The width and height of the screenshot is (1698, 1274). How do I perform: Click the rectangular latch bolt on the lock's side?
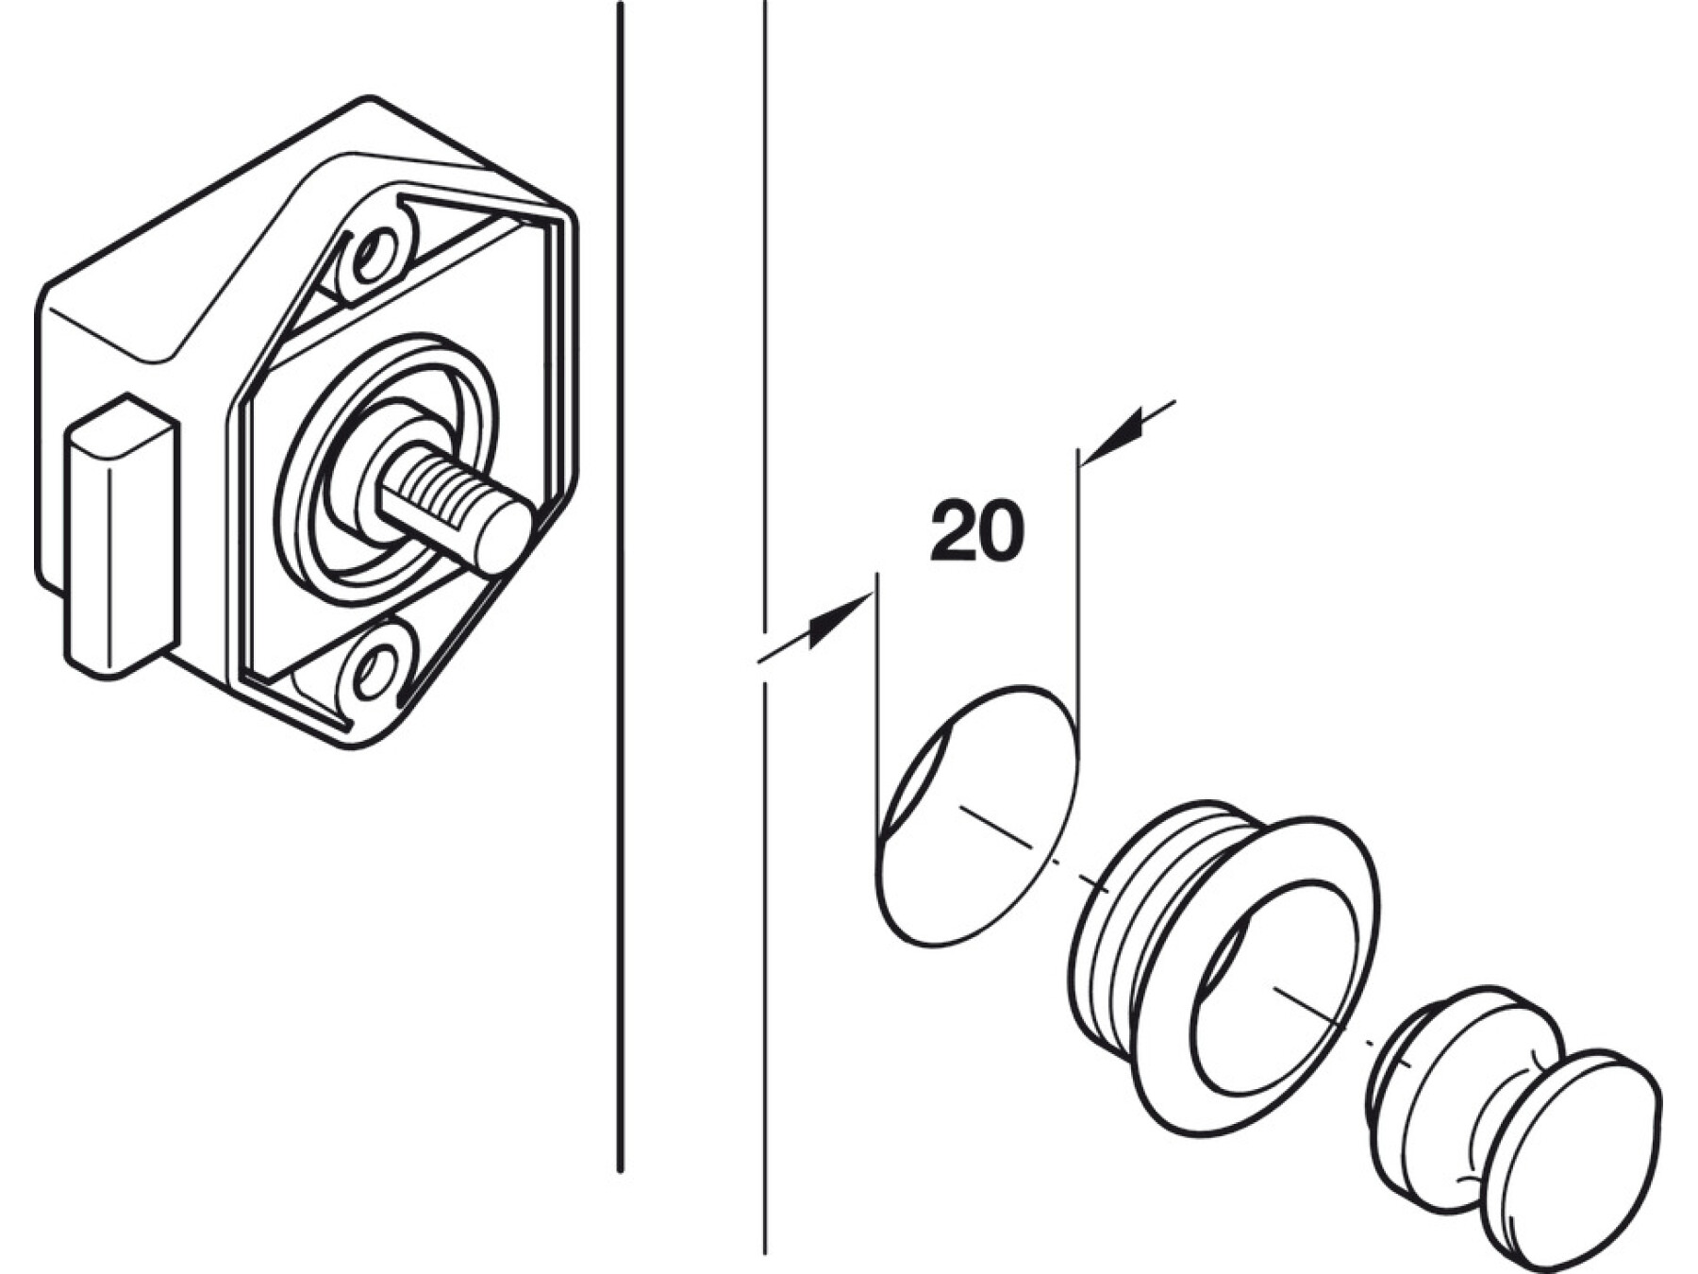point(122,536)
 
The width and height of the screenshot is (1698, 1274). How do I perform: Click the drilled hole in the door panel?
point(976,815)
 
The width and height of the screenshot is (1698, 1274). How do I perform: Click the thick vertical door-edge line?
point(620,587)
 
